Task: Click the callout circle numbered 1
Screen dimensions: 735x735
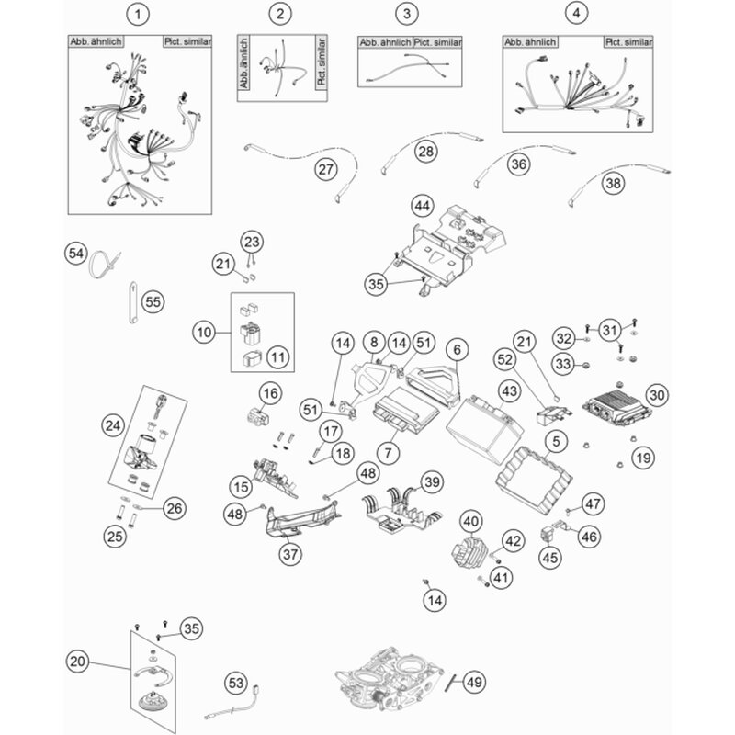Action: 138,14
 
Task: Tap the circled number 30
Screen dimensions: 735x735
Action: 655,394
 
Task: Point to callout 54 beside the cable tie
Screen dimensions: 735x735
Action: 76,253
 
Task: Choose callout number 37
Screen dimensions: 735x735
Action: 290,553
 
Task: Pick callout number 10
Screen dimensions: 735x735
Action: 204,329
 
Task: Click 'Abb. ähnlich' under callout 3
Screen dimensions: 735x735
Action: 384,43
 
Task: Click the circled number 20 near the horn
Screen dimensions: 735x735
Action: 79,660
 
